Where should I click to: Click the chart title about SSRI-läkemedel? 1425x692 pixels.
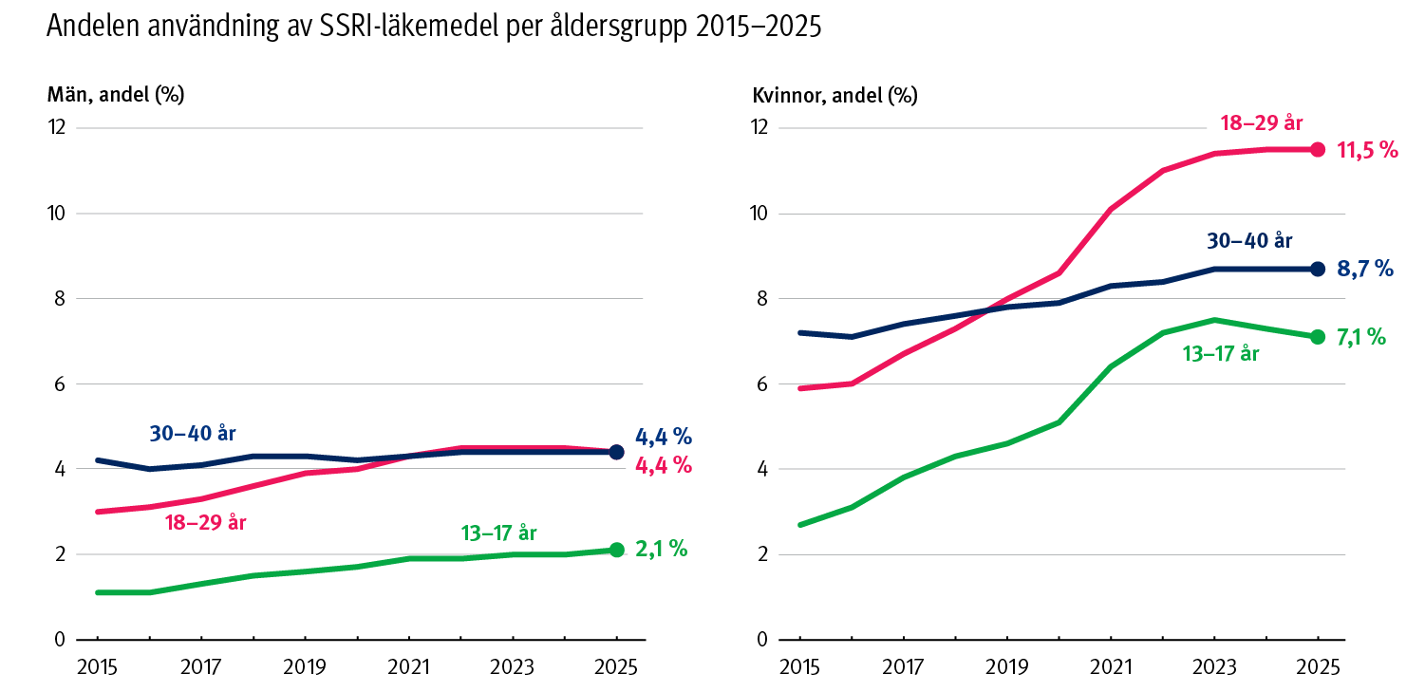pos(433,28)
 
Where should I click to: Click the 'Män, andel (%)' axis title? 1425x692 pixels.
pos(115,95)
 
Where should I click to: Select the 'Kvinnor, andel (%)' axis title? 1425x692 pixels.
pos(834,95)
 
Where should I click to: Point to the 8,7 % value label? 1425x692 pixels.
pos(1364,270)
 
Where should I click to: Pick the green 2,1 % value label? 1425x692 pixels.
pos(661,550)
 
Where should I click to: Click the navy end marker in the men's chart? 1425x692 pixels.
pos(616,452)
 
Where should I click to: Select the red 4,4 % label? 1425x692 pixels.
pos(663,466)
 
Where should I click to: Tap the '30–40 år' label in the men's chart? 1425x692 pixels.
pos(192,434)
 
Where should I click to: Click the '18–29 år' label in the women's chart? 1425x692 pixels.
pos(1261,123)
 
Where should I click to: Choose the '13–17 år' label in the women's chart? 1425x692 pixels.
pos(1220,354)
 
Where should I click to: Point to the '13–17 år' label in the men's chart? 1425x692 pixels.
pos(498,532)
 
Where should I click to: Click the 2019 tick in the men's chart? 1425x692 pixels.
pos(305,666)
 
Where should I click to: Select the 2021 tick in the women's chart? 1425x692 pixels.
pos(1110,666)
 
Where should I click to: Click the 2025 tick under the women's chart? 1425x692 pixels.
pos(1318,666)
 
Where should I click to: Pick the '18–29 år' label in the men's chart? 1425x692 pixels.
pos(206,521)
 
